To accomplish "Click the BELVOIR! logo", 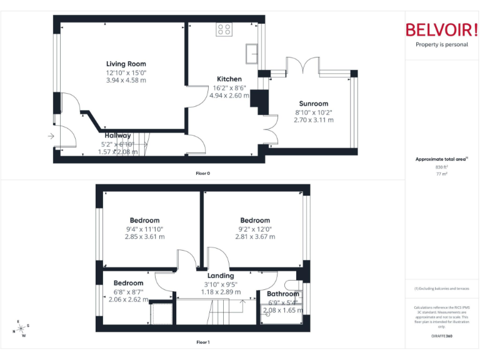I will pyautogui.click(x=441, y=30).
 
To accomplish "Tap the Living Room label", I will pyautogui.click(x=126, y=64).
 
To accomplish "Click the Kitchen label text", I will pyautogui.click(x=229, y=79).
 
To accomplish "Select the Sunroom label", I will pyautogui.click(x=313, y=104).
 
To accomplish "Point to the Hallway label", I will pyautogui.click(x=117, y=136).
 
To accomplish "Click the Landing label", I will pyautogui.click(x=221, y=276).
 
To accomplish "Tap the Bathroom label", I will pyautogui.click(x=283, y=294).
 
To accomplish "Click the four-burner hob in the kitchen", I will pyautogui.click(x=224, y=29).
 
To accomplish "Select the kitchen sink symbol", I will pyautogui.click(x=253, y=52).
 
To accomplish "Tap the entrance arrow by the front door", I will pyautogui.click(x=51, y=136).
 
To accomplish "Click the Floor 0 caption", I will pyautogui.click(x=203, y=173).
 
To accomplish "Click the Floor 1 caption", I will pyautogui.click(x=203, y=342).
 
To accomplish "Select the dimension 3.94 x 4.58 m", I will pyautogui.click(x=126, y=80).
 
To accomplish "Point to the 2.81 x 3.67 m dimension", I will pyautogui.click(x=255, y=237).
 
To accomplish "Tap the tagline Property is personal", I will pyautogui.click(x=441, y=44).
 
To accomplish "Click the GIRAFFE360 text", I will pyautogui.click(x=441, y=336).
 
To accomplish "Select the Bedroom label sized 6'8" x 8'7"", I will pyautogui.click(x=128, y=283).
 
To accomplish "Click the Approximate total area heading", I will pyautogui.click(x=441, y=159).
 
